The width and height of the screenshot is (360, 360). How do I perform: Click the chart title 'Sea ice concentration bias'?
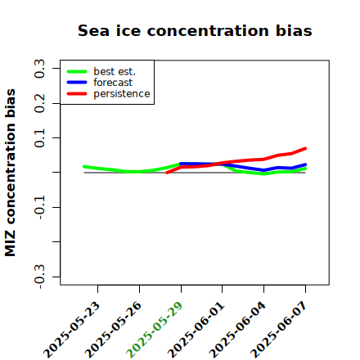tap(195, 30)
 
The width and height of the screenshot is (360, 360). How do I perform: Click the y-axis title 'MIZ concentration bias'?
tap(11, 173)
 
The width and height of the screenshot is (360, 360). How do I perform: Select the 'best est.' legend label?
tap(115, 71)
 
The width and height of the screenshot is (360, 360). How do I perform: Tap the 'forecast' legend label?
tap(113, 83)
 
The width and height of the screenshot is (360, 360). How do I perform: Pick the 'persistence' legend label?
tap(122, 94)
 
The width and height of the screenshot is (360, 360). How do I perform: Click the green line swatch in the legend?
tap(77, 72)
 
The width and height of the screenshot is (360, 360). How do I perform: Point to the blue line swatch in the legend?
tap(77, 83)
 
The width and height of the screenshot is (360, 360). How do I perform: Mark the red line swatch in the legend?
tap(77, 94)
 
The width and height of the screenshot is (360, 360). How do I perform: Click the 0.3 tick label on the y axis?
tap(39, 69)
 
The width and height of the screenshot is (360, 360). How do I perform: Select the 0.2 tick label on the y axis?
tap(39, 103)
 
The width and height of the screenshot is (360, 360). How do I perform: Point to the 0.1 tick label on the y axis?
tap(39, 138)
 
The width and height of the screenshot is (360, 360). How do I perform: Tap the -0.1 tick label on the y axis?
tap(39, 207)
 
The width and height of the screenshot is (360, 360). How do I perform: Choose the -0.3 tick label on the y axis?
tap(39, 277)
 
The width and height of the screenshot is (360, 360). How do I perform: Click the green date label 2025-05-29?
tap(155, 330)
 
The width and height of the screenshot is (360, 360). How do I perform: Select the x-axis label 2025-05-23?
tap(71, 330)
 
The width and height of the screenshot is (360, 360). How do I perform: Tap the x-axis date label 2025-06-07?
tap(279, 330)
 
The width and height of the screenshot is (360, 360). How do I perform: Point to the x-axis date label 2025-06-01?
tap(196, 330)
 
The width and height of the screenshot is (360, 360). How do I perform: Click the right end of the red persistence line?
tap(305, 148)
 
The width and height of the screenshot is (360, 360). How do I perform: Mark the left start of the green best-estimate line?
tap(84, 166)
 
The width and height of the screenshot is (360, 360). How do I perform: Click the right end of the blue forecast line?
tap(305, 164)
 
